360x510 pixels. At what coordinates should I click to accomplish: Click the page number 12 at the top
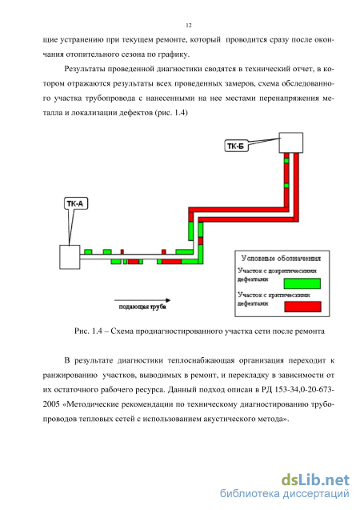189,26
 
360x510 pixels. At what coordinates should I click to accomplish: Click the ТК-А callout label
75,203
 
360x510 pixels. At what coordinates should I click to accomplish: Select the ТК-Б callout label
236,146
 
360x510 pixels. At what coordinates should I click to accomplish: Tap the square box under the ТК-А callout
70,257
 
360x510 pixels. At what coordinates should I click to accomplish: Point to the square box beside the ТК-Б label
291,143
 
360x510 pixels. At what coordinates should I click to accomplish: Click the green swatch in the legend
302,283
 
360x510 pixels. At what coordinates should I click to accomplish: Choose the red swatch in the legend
302,307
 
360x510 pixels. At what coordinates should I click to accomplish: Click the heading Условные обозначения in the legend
281,259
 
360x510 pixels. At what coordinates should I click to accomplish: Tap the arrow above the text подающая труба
142,300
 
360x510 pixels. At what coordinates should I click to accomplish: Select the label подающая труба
142,307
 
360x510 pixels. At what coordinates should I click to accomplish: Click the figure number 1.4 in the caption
97,331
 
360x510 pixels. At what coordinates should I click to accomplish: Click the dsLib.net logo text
315,480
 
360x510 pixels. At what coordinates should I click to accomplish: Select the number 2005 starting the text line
51,404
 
